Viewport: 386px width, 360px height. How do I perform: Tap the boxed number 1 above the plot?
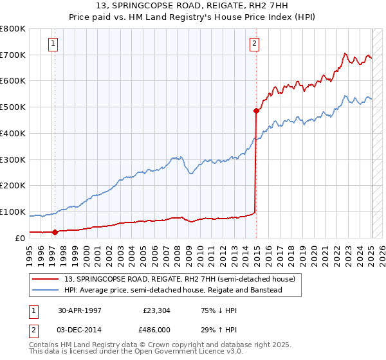pos(53,44)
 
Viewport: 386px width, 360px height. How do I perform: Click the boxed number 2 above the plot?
pos(255,44)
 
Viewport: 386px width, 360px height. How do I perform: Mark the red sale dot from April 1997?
pos(55,232)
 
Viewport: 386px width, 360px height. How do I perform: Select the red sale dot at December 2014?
pos(256,111)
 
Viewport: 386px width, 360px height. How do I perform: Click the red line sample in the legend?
pos(46,280)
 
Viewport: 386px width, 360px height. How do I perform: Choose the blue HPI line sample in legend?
pos(46,291)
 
